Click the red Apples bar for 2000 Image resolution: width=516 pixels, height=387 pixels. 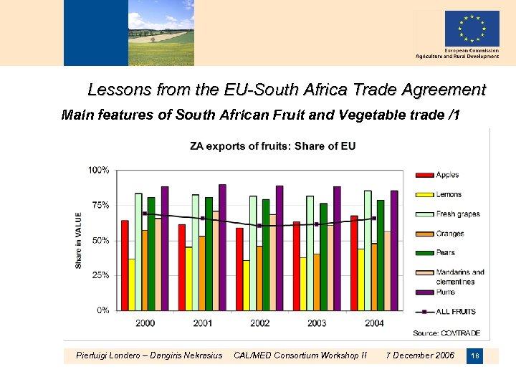click(125, 265)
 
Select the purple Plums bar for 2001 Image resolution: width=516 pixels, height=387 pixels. click(222, 247)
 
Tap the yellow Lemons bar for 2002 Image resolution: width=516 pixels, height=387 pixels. click(246, 285)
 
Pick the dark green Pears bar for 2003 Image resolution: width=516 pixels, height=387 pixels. click(323, 257)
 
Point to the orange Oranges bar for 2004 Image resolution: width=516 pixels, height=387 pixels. click(373, 277)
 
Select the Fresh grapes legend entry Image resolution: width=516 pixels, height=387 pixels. click(449, 214)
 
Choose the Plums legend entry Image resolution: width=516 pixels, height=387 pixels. click(439, 292)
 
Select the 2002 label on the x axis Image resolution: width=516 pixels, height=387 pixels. click(259, 323)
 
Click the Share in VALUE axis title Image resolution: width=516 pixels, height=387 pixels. click(79, 240)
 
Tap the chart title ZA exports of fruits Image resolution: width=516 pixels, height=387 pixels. click(272, 146)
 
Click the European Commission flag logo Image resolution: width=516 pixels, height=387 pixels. click(472, 29)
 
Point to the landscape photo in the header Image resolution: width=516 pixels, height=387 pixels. click(161, 32)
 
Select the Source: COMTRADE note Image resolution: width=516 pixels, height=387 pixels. click(446, 333)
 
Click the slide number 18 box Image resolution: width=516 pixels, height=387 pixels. click(474, 355)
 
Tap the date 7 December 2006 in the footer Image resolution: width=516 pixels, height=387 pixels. click(420, 355)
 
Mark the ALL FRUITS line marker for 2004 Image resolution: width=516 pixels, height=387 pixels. click(373, 219)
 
